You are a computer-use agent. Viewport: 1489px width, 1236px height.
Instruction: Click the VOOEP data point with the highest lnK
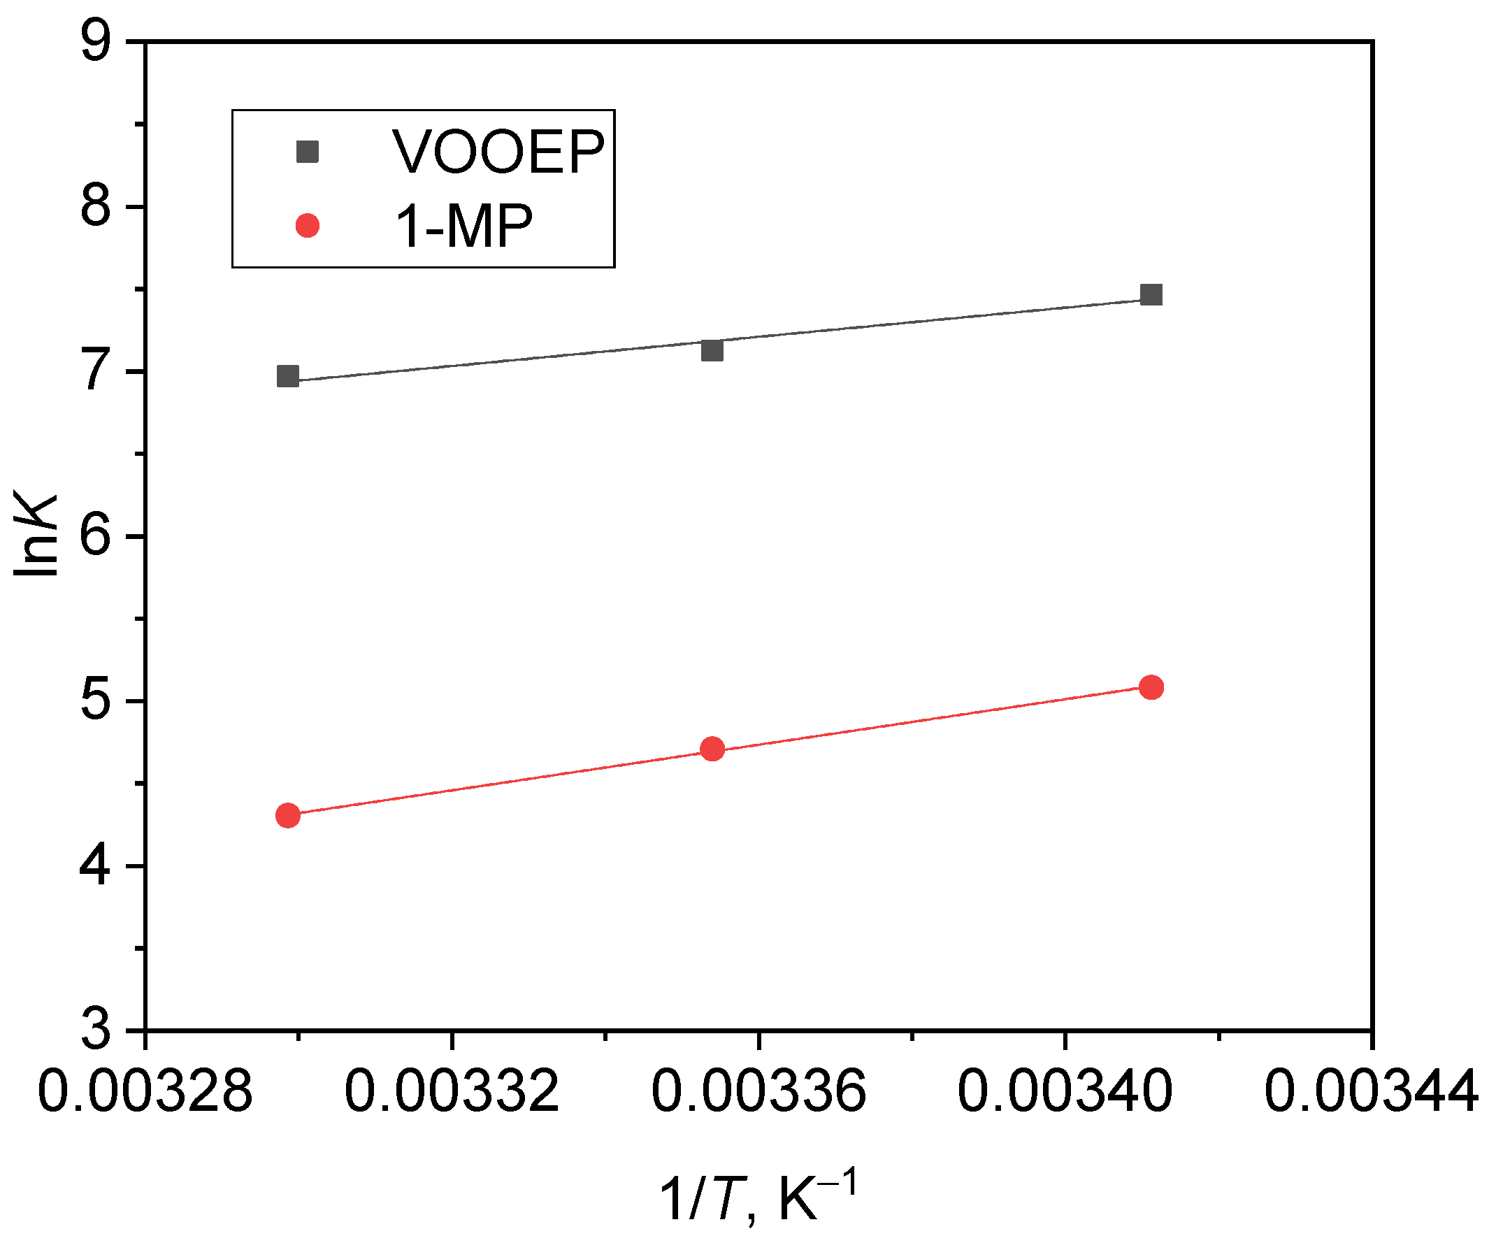coord(1151,294)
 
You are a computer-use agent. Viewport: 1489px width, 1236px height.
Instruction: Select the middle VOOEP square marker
coord(712,350)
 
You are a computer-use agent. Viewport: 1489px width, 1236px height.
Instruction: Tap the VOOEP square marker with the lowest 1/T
coord(287,376)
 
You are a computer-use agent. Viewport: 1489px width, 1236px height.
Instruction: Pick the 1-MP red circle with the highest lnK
coord(1151,687)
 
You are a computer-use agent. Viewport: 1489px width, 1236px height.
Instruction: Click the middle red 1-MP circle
coord(712,749)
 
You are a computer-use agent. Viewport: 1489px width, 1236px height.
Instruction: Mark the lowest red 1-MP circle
coord(287,815)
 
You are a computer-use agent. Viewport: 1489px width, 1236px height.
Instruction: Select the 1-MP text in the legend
coord(463,227)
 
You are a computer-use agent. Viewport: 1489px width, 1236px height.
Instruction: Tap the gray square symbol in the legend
coord(307,151)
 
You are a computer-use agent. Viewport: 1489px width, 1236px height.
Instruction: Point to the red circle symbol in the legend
coord(307,226)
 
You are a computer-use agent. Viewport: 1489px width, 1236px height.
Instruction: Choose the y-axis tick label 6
coord(96,537)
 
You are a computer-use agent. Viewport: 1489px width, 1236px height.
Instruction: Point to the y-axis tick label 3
coord(96,1030)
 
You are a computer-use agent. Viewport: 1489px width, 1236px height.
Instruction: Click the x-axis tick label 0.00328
coord(145,1091)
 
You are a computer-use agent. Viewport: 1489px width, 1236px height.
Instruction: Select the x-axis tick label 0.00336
coord(758,1091)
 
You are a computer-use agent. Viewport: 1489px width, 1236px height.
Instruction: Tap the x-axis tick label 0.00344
coord(1372,1091)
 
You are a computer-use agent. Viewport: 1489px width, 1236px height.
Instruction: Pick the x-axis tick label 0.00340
coord(1065,1091)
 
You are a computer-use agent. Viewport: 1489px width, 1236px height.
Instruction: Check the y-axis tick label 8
coord(96,208)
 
